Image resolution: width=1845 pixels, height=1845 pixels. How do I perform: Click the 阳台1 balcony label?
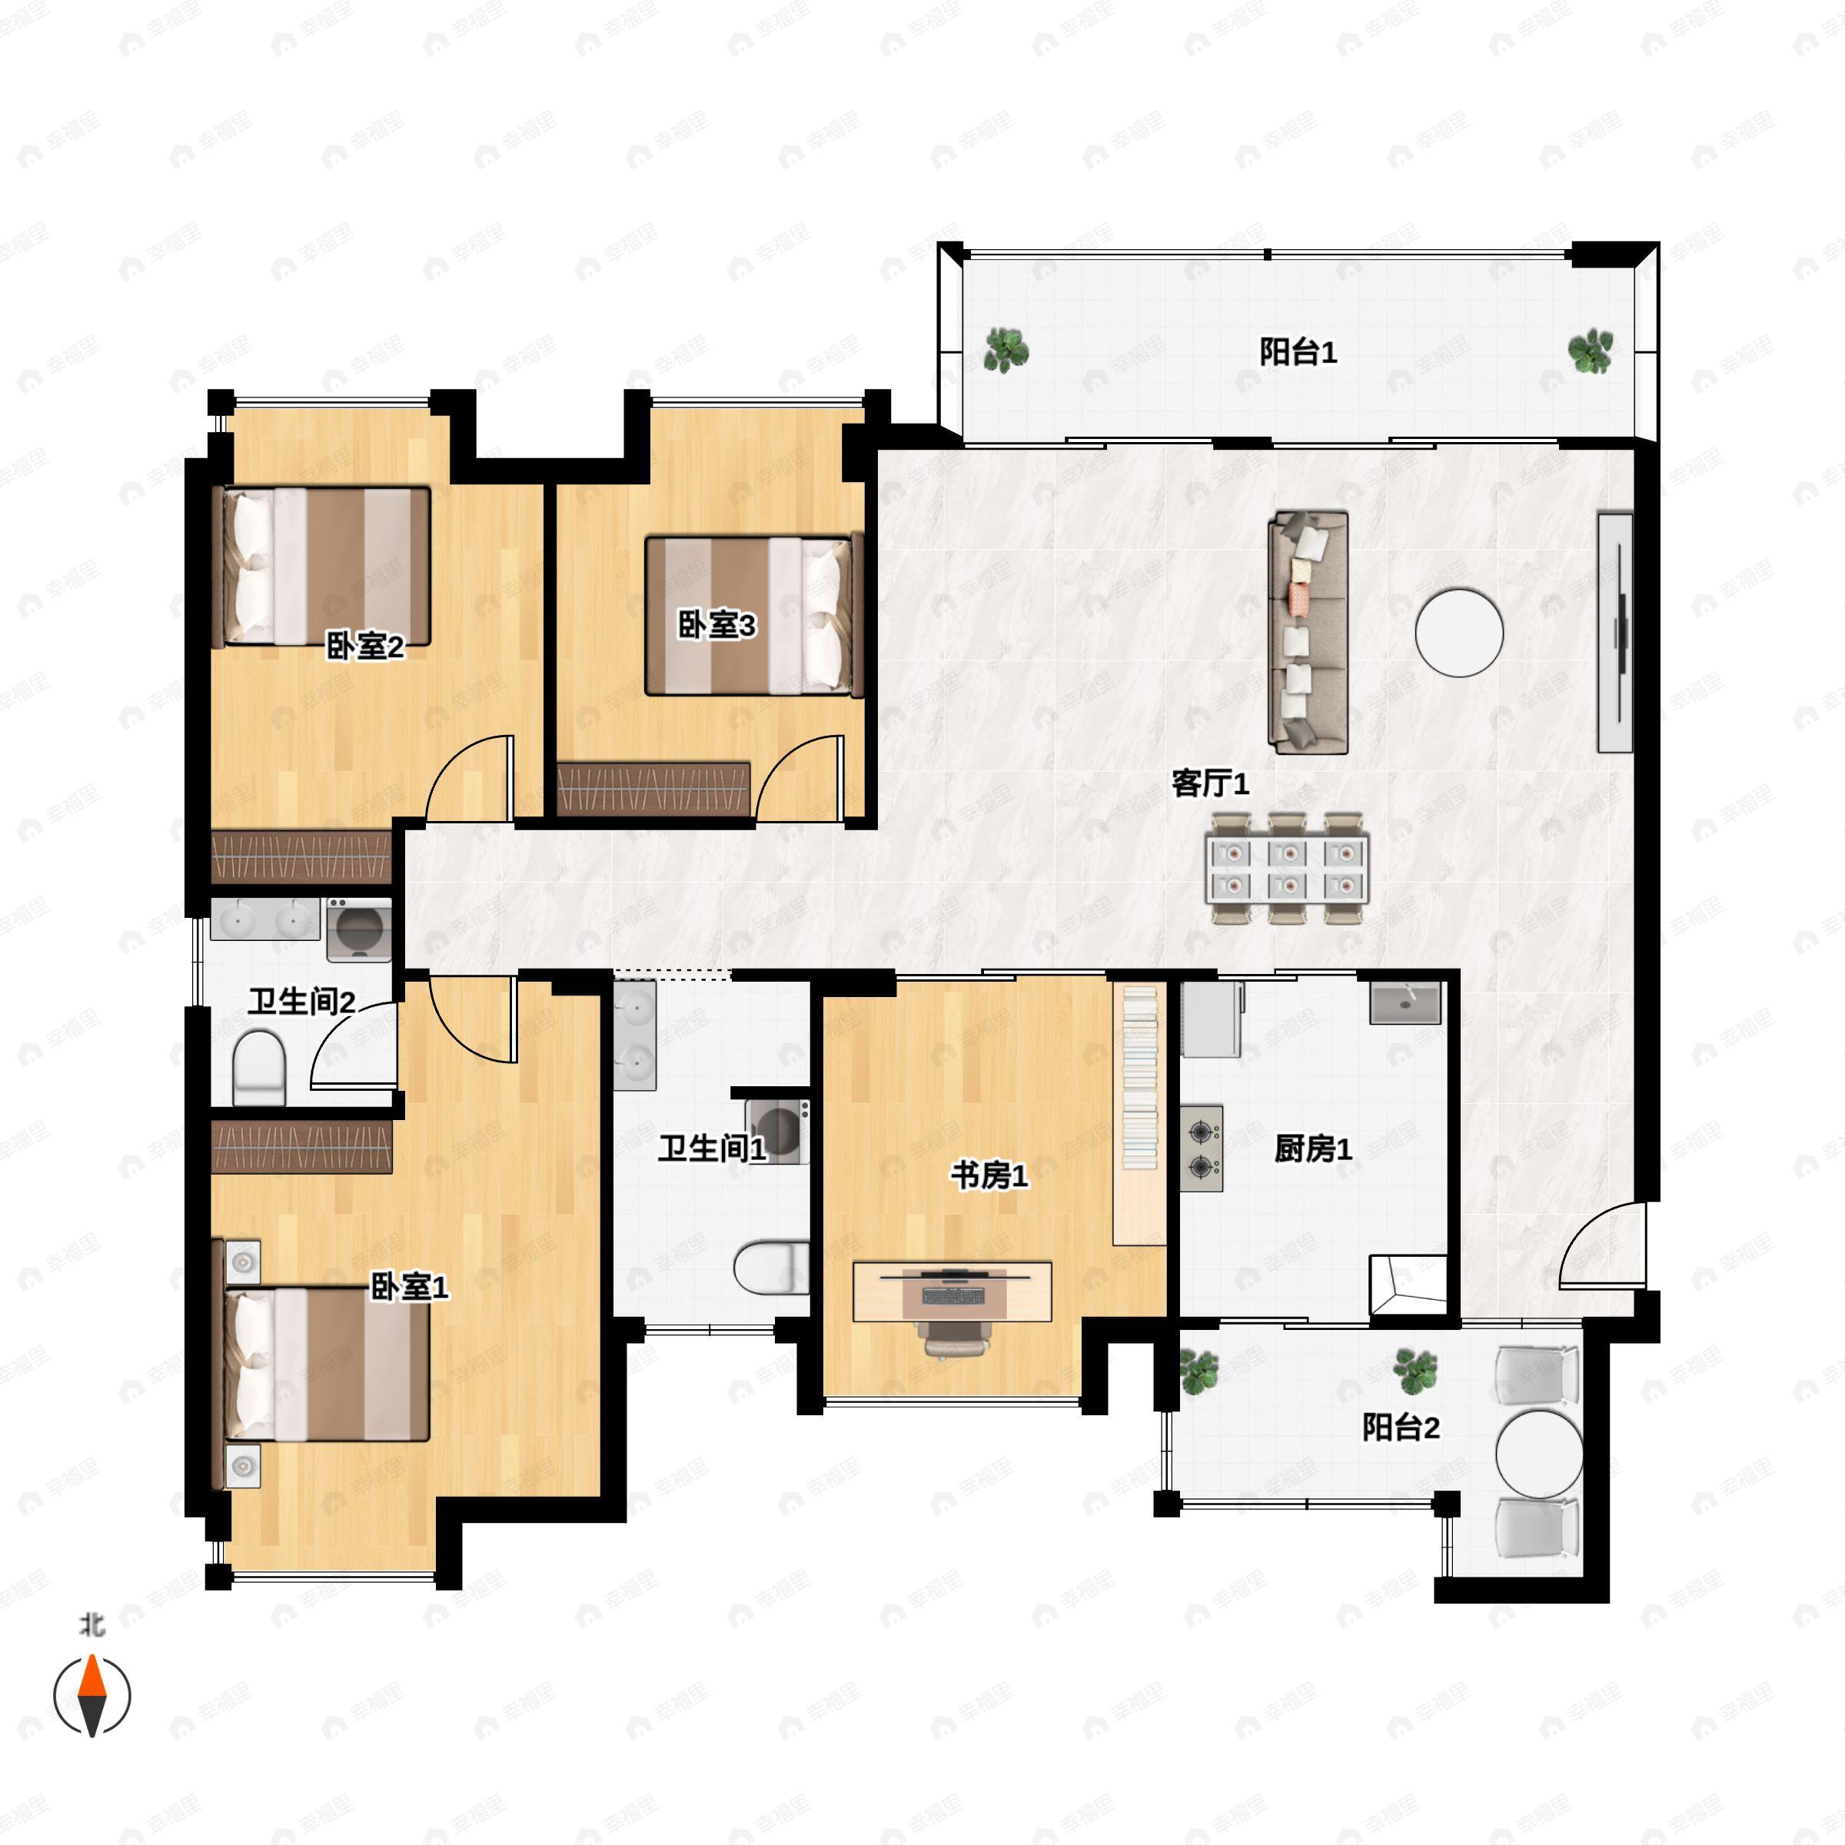(x=1297, y=352)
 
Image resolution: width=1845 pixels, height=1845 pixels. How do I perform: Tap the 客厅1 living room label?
(x=1210, y=784)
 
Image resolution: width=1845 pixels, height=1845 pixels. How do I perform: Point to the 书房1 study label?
(x=989, y=1175)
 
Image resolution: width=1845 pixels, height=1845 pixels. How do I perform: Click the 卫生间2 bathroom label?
(x=302, y=1002)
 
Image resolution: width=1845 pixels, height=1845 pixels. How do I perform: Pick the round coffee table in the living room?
(x=1459, y=632)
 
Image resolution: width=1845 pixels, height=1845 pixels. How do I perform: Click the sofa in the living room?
(x=1308, y=632)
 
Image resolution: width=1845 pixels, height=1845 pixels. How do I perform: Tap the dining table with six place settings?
(x=1288, y=868)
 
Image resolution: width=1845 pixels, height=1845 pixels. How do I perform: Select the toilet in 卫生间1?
(x=770, y=1267)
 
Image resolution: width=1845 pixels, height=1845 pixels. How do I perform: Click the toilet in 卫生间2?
(x=259, y=1067)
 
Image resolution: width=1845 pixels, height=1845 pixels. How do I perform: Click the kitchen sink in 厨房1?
(x=1405, y=1002)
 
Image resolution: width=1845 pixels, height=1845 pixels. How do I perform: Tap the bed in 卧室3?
(x=754, y=615)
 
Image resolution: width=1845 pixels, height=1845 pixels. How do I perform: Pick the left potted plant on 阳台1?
(x=1006, y=350)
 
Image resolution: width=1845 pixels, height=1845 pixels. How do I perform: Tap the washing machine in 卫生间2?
(x=359, y=929)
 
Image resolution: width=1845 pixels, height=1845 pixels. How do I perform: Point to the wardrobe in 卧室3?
(x=654, y=788)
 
